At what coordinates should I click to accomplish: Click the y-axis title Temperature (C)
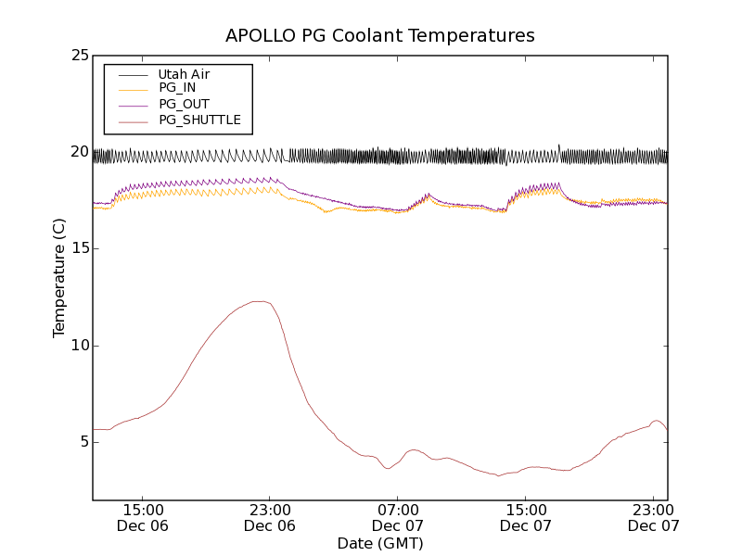[x=59, y=278]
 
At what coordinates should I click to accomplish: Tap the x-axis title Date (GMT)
[x=380, y=543]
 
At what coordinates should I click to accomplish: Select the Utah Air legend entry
[x=183, y=74]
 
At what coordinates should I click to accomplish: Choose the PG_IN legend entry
[x=177, y=88]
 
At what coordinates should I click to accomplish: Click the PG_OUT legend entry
[x=184, y=104]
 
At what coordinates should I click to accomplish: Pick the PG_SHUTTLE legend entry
[x=199, y=120]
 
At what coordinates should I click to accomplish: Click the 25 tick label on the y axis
[x=80, y=56]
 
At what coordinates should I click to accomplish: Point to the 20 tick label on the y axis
[x=80, y=152]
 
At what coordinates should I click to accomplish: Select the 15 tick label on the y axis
[x=80, y=248]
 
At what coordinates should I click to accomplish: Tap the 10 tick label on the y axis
[x=80, y=346]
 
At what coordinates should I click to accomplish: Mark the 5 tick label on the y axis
[x=83, y=442]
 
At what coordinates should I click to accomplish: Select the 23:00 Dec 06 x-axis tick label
[x=270, y=517]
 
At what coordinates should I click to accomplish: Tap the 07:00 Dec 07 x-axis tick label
[x=398, y=517]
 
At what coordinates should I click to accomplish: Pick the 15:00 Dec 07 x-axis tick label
[x=526, y=517]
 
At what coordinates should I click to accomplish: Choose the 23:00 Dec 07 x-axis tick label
[x=654, y=517]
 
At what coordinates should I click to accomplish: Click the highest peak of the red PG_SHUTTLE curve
[x=261, y=301]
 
